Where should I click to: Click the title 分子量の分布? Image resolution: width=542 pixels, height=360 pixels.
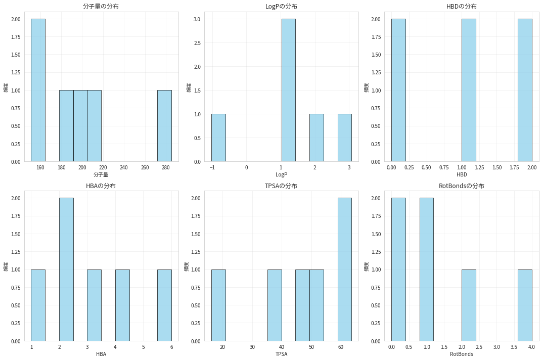(x=105, y=7)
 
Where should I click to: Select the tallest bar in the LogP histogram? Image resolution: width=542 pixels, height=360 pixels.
(x=289, y=91)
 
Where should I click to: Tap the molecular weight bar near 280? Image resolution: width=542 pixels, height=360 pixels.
(x=164, y=126)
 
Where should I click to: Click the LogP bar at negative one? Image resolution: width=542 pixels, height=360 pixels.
(x=218, y=138)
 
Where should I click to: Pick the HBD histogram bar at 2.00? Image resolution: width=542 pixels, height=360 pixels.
(x=525, y=91)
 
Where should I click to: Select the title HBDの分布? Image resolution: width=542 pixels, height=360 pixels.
(x=462, y=7)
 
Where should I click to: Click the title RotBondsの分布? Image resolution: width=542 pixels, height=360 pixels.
(x=462, y=186)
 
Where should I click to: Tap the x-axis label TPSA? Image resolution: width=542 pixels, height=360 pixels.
(x=282, y=354)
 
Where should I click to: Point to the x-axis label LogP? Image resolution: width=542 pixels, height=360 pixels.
(x=282, y=175)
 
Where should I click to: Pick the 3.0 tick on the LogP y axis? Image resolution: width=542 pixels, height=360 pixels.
(x=196, y=19)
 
